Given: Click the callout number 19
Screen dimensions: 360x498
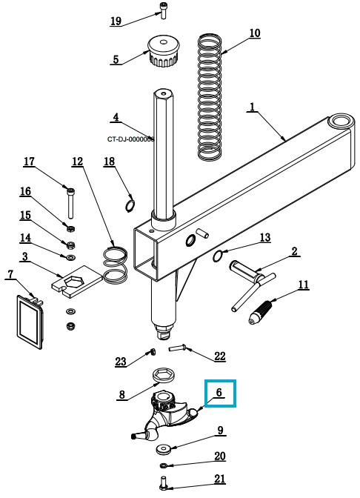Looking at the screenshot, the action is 116,21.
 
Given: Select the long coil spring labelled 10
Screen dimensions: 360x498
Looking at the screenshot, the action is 210,97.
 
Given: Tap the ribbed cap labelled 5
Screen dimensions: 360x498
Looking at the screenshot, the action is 164,51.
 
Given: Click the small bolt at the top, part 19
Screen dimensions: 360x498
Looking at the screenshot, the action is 164,11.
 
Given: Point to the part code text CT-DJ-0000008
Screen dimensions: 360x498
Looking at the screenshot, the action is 130,139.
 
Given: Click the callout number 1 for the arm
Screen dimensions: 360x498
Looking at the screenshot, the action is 253,107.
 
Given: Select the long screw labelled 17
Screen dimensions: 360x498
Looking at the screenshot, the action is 70,203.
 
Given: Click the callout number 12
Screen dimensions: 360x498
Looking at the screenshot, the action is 77,162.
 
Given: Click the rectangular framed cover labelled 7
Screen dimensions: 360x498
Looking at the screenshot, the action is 30,322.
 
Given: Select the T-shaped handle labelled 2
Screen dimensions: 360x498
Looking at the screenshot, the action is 253,285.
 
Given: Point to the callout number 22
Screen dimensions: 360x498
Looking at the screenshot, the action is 220,356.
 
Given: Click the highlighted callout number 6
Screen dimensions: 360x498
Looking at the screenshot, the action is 219,393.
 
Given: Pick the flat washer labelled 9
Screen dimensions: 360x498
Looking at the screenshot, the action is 164,449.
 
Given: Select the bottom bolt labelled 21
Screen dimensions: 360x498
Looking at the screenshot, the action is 164,482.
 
